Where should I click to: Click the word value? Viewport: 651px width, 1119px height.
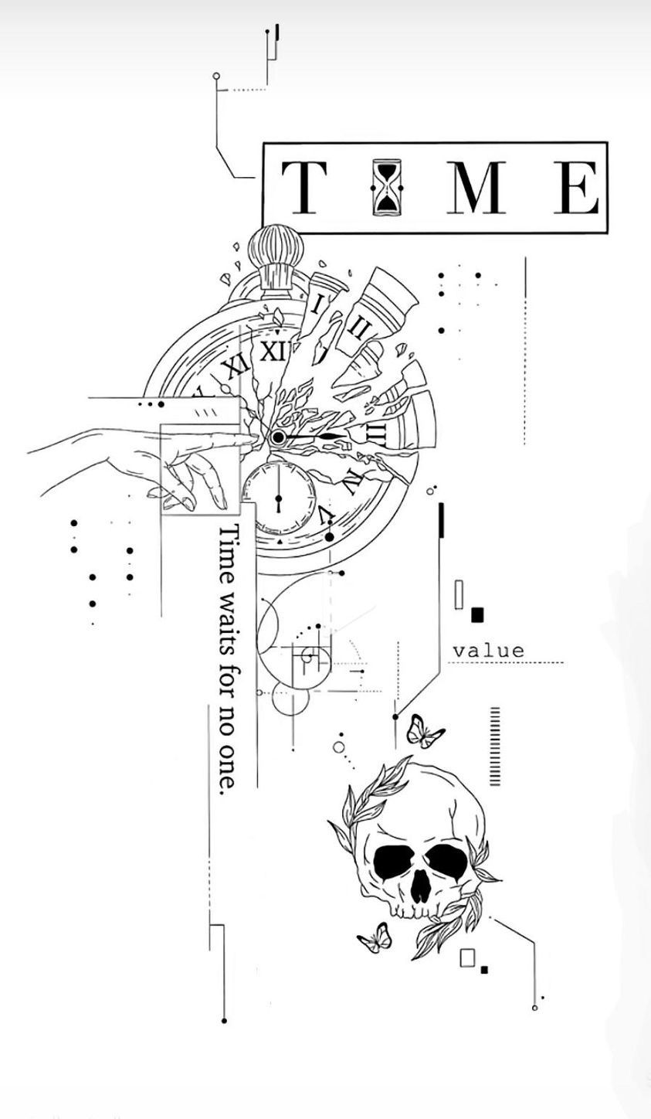[489, 651]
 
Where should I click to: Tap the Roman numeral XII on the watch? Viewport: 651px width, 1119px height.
[273, 352]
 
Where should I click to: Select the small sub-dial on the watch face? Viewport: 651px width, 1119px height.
[280, 498]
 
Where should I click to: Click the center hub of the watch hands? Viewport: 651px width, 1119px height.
[278, 438]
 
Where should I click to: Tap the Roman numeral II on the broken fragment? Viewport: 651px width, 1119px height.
[361, 328]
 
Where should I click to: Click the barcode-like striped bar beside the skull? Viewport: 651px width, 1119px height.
[495, 747]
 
